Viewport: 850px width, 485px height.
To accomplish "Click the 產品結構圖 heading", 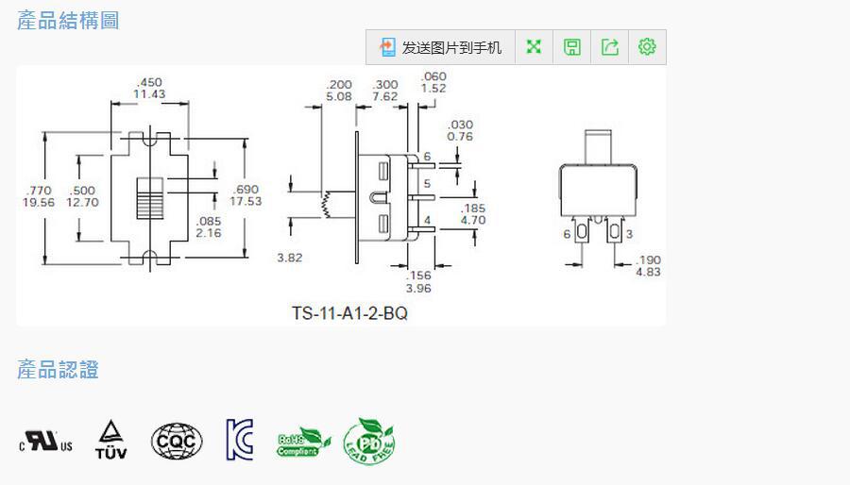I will coord(68,20).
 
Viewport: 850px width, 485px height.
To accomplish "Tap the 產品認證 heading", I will coord(58,369).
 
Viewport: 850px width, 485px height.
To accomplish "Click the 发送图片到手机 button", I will coord(441,47).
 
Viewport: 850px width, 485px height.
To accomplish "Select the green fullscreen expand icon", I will coord(534,47).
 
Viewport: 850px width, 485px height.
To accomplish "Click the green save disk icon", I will coord(572,47).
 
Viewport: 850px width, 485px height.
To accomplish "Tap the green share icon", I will coord(610,47).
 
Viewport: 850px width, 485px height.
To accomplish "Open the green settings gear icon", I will coord(647,47).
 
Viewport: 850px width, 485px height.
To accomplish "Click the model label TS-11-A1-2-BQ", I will coord(349,313).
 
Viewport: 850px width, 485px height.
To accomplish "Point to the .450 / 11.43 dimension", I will coord(149,88).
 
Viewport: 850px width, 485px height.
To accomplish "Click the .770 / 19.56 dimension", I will coord(39,196).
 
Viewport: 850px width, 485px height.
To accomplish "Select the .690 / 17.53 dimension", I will coord(245,195).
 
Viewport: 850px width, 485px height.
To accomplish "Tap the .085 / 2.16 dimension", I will coord(209,226).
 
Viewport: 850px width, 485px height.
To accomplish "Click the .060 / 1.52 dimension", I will coord(433,82).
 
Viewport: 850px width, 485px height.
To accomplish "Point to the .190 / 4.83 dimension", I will coord(648,265).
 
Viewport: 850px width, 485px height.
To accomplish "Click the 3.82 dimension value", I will coord(290,258).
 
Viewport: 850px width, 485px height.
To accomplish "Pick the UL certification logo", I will coord(45,441).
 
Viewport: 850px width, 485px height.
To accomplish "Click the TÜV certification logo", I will coord(110,440).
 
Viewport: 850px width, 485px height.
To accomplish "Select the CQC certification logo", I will coord(177,441).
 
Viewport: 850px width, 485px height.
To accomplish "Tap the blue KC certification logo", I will coord(240,440).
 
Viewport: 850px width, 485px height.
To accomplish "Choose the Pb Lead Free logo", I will coord(368,441).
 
